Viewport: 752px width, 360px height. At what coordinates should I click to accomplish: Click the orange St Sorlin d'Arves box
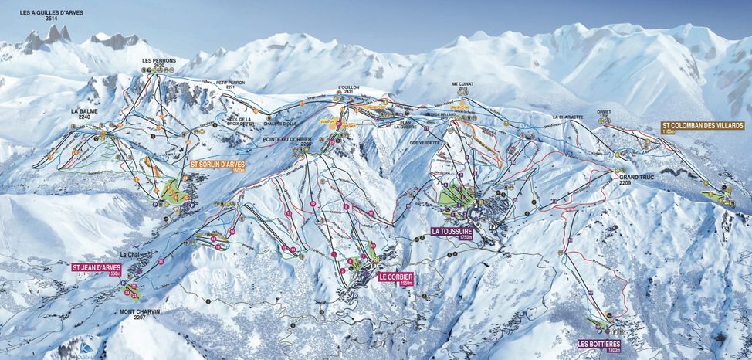[217, 165]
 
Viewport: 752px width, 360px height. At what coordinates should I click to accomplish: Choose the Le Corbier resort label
[395, 278]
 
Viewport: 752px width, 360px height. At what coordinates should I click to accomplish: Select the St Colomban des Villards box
[702, 127]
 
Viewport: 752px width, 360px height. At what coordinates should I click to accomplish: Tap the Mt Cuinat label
[466, 86]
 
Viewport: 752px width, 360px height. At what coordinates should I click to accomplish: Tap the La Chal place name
[129, 255]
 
